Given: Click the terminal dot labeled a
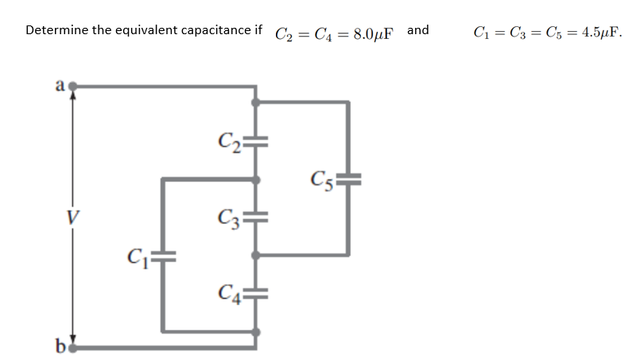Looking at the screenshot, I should (x=77, y=83).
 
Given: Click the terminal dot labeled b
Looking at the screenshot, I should (x=77, y=346).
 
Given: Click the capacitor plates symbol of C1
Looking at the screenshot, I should (x=164, y=257).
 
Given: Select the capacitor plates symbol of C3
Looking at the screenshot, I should (x=255, y=215).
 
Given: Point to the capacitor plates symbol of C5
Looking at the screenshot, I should (x=348, y=180).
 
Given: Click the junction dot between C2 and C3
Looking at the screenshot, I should (x=254, y=180).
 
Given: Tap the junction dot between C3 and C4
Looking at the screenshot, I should (x=254, y=256).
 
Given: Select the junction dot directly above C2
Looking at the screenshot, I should (x=254, y=103).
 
